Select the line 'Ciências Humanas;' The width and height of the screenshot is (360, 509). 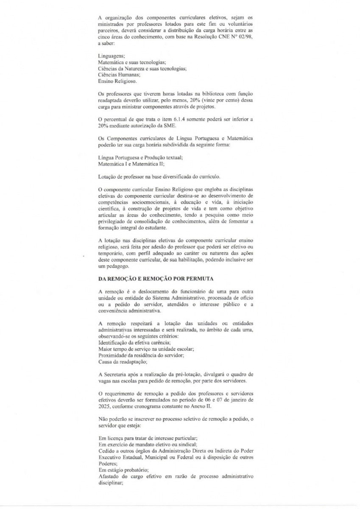click(x=116, y=74)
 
